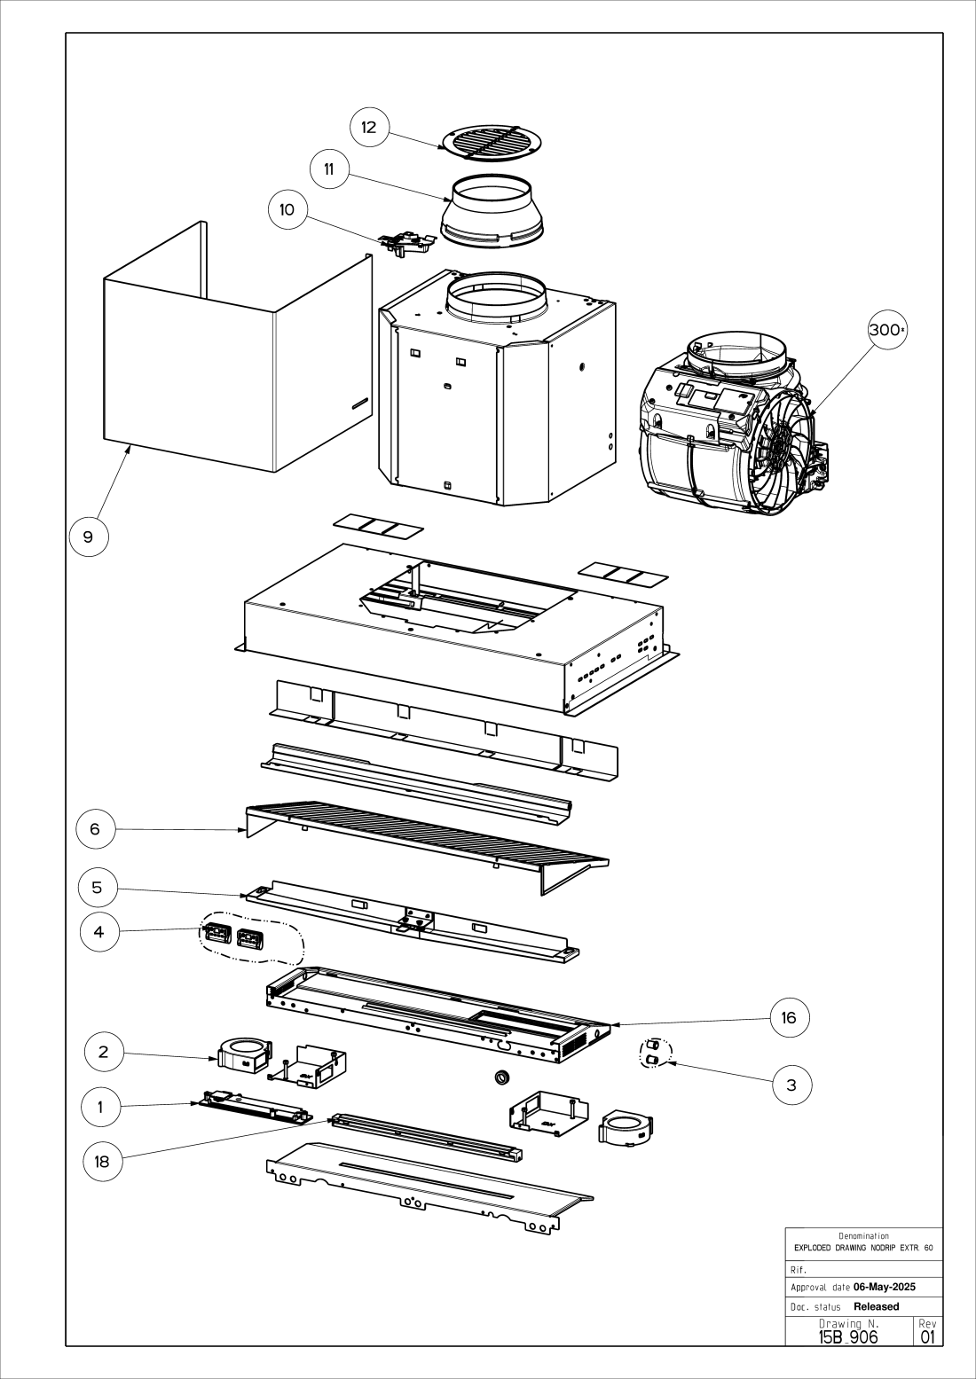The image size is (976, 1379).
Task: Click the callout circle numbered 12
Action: click(369, 127)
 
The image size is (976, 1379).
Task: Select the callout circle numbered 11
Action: click(329, 168)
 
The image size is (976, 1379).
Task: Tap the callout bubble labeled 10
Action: click(287, 209)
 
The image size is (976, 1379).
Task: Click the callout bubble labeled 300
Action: click(887, 329)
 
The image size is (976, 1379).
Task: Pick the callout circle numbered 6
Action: click(96, 828)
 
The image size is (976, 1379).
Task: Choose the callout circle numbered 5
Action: click(98, 887)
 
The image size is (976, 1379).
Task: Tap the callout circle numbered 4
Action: click(99, 931)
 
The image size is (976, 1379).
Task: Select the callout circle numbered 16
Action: click(790, 1018)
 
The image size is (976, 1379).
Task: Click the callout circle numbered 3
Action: click(791, 1085)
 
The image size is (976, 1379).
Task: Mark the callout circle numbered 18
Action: click(102, 1162)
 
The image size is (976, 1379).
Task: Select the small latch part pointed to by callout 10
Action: click(407, 245)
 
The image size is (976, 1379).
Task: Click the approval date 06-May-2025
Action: click(885, 1287)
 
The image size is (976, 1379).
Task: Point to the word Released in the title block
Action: click(877, 1306)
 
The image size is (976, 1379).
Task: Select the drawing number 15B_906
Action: click(848, 1337)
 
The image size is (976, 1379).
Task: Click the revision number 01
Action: click(927, 1337)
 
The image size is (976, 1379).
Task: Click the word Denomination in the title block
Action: click(863, 1235)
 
